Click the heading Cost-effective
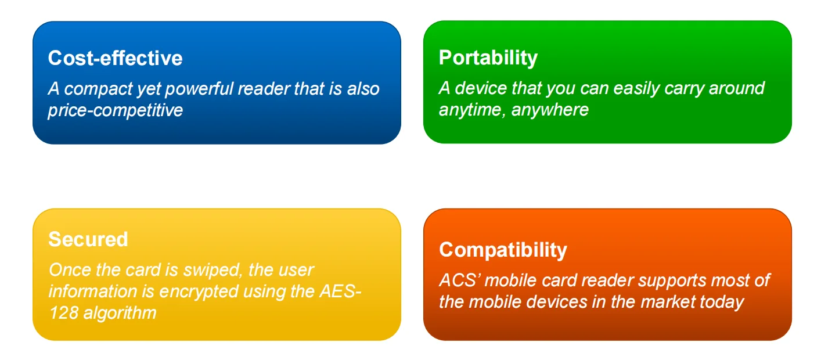pyautogui.click(x=115, y=58)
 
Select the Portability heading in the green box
pyautogui.click(x=488, y=57)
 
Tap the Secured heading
pyautogui.click(x=88, y=239)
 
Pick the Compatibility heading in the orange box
pyautogui.click(x=503, y=250)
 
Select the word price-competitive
pyautogui.click(x=115, y=110)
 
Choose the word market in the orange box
pyautogui.click(x=664, y=302)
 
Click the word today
pyautogui.click(x=721, y=302)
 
